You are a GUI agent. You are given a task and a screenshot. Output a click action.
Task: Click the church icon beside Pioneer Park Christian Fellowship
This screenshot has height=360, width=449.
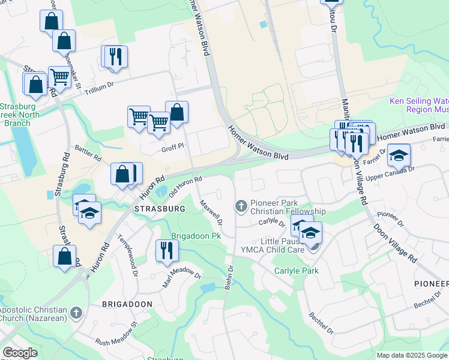(x=241, y=206)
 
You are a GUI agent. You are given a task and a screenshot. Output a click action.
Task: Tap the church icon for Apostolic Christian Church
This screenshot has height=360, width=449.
(x=76, y=313)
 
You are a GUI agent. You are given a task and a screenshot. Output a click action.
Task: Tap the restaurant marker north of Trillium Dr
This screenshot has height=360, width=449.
(x=115, y=57)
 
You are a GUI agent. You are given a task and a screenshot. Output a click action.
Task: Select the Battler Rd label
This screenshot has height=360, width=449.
(x=88, y=156)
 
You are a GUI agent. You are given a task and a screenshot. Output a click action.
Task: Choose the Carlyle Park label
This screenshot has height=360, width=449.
(x=297, y=271)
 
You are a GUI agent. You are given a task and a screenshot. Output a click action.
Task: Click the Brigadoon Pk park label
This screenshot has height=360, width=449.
(x=197, y=236)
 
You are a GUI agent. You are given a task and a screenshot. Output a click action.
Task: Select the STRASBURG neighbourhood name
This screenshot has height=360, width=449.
(x=160, y=209)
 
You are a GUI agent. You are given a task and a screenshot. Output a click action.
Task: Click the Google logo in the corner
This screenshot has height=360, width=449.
(x=20, y=353)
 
